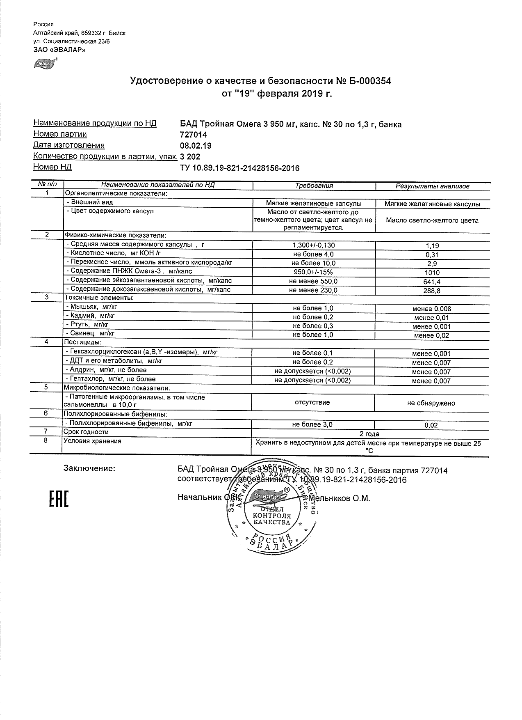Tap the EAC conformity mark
[59, 498]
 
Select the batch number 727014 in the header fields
[194, 135]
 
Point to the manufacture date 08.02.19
[196, 146]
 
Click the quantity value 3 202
[190, 156]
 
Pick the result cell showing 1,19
[432, 246]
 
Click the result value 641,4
[432, 282]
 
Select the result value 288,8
[432, 291]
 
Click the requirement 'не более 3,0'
[312, 425]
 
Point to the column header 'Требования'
[314, 186]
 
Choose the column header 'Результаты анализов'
[432, 186]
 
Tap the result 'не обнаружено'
[431, 403]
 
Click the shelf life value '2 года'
[369, 434]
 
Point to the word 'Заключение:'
[89, 469]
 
